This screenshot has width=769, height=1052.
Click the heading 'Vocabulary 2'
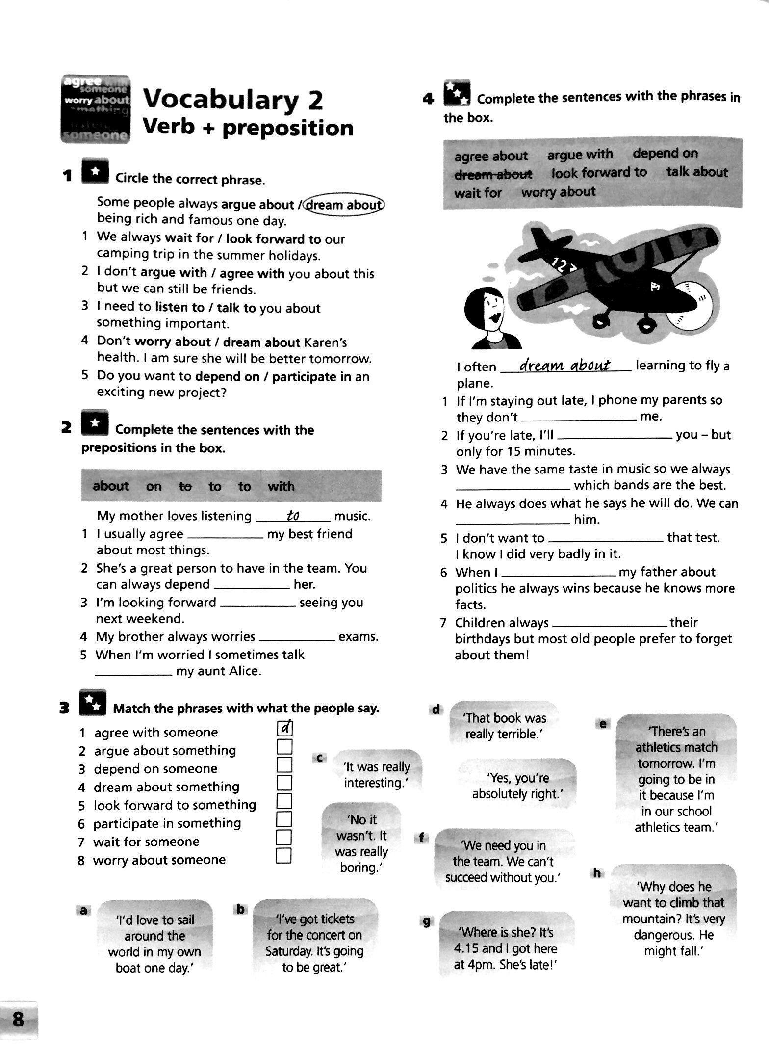[233, 100]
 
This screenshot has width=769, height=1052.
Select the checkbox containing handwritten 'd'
[285, 728]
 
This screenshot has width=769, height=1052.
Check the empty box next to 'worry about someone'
[284, 856]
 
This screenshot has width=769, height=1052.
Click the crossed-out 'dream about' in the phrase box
[493, 174]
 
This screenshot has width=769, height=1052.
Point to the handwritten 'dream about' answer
[564, 366]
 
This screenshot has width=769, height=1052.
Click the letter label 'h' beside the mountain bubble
[597, 873]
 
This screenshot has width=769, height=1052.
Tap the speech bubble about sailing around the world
[155, 944]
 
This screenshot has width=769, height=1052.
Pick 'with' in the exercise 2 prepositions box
[281, 486]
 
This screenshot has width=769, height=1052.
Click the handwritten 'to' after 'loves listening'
[293, 516]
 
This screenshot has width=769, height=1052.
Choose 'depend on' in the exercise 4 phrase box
[665, 153]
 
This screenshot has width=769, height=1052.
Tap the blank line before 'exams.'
[296, 637]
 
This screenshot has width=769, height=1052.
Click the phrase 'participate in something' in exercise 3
[167, 823]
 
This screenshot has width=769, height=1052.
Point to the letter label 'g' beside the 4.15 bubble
[426, 921]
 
